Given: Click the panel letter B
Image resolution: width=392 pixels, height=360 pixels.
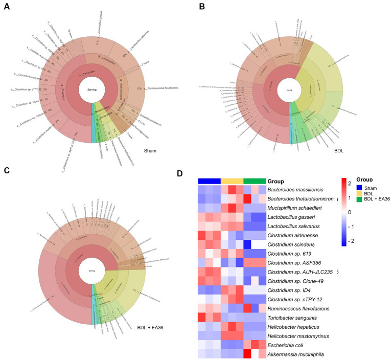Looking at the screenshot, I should (x=202, y=6).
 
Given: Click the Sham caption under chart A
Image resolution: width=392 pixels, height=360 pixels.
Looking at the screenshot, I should (x=150, y=151).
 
